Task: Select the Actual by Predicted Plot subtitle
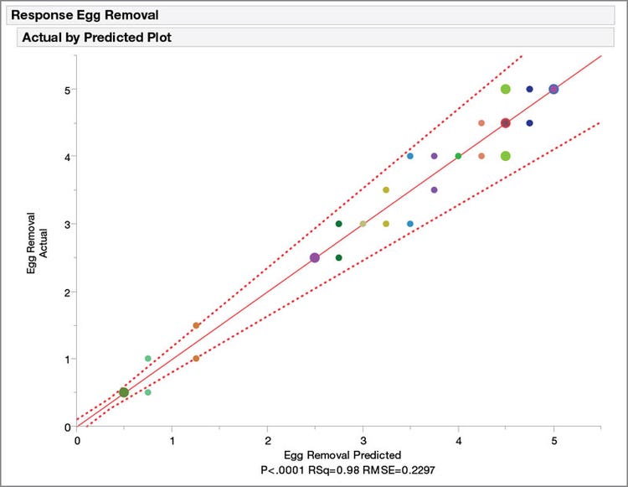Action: tap(95, 38)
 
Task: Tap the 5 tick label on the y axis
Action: tap(66, 89)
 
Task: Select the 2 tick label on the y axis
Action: tap(66, 292)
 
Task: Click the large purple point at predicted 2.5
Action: tap(315, 258)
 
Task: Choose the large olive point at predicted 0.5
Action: tap(124, 392)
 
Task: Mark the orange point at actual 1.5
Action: tap(196, 325)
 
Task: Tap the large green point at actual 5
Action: tap(506, 89)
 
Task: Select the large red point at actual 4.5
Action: tap(506, 122)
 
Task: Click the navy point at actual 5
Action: tap(529, 89)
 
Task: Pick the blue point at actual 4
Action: tap(410, 156)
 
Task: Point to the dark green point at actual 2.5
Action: tap(338, 257)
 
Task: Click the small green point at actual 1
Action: tap(148, 359)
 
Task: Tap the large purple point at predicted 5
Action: tap(553, 89)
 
